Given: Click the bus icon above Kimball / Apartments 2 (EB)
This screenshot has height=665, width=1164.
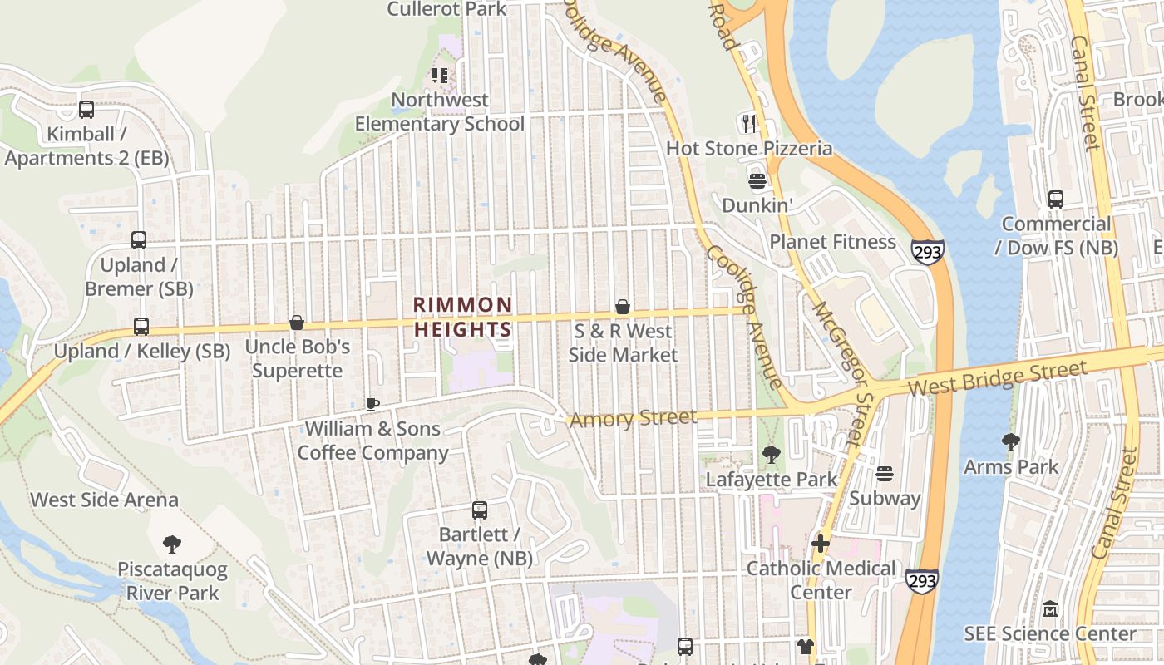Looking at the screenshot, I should [86, 110].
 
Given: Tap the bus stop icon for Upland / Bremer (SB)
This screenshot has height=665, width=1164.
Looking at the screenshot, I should [139, 240].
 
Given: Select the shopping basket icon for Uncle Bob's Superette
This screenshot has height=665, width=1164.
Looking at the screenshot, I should [297, 323].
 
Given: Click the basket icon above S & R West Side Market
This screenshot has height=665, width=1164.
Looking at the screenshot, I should [622, 307].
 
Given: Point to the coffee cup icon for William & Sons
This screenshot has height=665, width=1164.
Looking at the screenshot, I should [372, 404].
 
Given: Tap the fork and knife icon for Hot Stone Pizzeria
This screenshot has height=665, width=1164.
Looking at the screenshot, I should [750, 124].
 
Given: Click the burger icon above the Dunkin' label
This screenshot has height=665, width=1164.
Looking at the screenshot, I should [757, 180].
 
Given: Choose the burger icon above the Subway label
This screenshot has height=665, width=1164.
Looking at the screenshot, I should [885, 474].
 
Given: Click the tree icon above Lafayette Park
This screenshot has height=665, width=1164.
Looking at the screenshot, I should [772, 455].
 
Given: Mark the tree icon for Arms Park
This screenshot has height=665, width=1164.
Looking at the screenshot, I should [1011, 441].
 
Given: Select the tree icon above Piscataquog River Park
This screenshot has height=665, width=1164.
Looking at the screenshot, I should [172, 544].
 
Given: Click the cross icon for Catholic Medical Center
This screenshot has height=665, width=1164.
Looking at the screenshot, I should [821, 544].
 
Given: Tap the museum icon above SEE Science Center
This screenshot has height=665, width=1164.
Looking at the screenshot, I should [1049, 609].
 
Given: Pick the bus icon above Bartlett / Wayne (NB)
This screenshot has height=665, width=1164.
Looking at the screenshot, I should [480, 510].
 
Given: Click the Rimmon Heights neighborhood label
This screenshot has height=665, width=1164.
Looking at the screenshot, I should [463, 317].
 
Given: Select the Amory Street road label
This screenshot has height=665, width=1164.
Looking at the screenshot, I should [633, 418].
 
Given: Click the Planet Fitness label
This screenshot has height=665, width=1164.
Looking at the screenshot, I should [832, 242].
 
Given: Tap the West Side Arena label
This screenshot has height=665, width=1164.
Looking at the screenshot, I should [105, 500].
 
